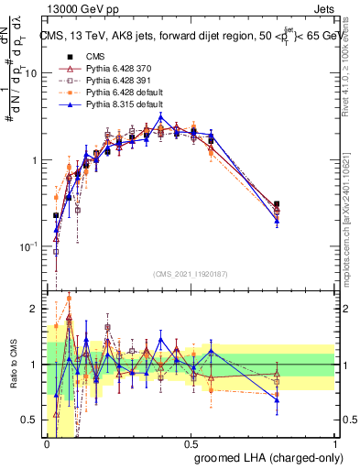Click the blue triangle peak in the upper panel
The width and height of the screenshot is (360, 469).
161,116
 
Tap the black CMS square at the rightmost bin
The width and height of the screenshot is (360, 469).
277,204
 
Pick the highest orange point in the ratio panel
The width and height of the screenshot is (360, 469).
69,298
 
